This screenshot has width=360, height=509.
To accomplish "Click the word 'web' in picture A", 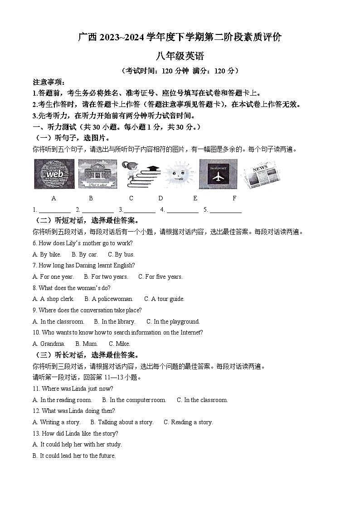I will click(x=54, y=174).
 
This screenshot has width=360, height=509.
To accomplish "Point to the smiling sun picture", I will click(x=180, y=175).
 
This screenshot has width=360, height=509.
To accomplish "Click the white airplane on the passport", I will click(x=219, y=176).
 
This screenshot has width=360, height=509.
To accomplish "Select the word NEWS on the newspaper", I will click(x=260, y=169).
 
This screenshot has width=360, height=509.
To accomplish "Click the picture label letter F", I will click(x=234, y=198).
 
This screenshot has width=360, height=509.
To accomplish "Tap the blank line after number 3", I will click(x=140, y=210).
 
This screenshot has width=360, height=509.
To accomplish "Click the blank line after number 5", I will click(x=225, y=210).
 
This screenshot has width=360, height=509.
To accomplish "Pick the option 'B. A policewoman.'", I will click(x=109, y=299).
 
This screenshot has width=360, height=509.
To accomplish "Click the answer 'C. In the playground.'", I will click(x=173, y=322).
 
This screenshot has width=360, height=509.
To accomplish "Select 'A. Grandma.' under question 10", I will click(x=49, y=344).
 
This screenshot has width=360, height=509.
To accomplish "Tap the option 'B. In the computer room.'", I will click(x=134, y=400).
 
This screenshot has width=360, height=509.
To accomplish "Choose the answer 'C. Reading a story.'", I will click(x=188, y=422).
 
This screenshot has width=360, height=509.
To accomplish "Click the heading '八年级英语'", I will click(x=180, y=57).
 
